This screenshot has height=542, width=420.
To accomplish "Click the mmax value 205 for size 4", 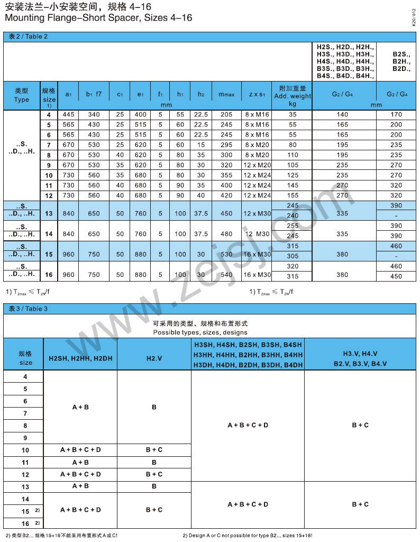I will click(x=226, y=115).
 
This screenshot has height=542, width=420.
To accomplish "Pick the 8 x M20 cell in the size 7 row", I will click(x=257, y=145).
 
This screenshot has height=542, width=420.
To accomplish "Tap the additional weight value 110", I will click(x=293, y=155).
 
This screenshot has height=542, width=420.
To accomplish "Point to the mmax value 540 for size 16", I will click(x=226, y=275).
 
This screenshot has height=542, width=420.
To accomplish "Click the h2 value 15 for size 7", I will click(x=200, y=145).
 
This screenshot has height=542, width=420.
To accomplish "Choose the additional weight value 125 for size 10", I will click(x=293, y=175).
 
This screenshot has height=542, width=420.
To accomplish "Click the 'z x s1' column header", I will click(x=257, y=94).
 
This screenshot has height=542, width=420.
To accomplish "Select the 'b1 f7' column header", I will click(x=94, y=94).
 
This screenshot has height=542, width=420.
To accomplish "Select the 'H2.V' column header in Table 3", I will click(x=154, y=358).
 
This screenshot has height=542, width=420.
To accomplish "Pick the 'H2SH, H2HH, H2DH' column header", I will click(x=80, y=358).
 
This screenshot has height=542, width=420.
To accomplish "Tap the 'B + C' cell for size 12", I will click(x=154, y=474).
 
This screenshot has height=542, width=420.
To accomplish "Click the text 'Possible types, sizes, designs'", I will click(x=200, y=332).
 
